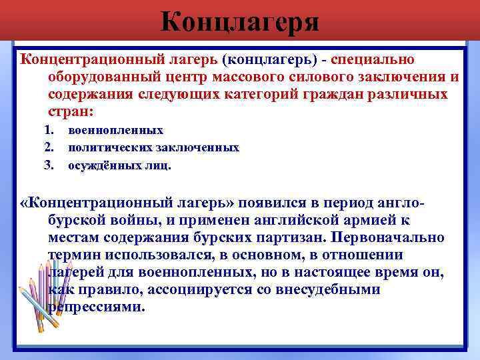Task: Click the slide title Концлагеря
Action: coord(240,23)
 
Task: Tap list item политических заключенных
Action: coord(153,147)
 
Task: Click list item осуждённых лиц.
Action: coord(119,165)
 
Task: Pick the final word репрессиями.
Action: coord(96,307)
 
